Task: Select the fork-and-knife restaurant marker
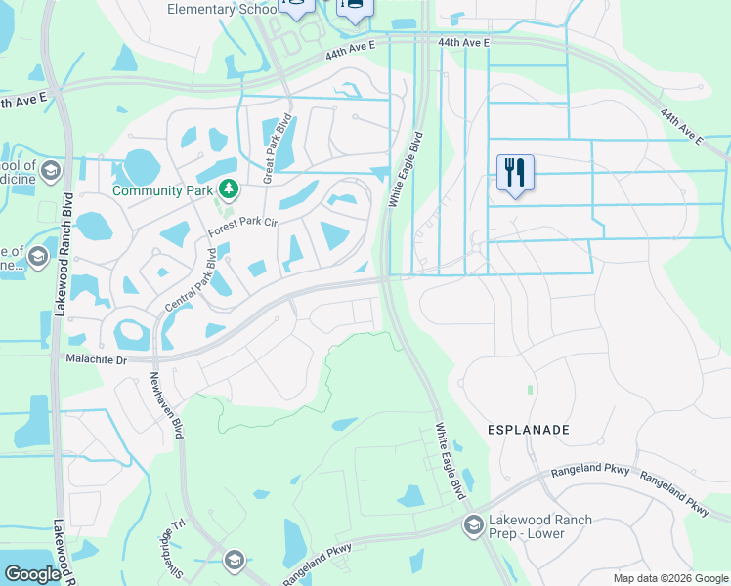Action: coord(513,173)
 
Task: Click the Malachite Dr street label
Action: coord(95,360)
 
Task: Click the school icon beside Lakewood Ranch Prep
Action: coord(474,525)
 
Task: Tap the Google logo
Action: coord(32,574)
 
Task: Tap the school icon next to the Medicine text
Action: coord(50,173)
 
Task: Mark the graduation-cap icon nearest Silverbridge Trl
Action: coord(234,560)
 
